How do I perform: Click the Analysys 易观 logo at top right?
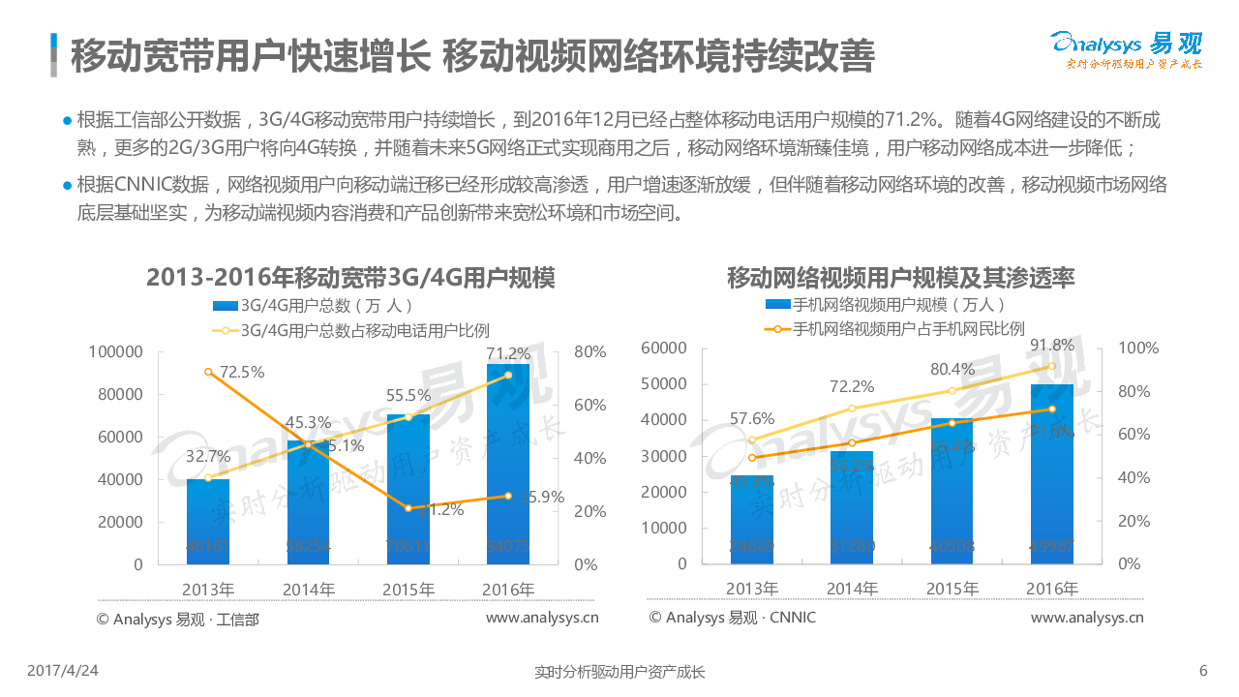(1127, 49)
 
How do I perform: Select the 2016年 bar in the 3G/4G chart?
(507, 465)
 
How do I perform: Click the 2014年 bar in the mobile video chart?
(852, 507)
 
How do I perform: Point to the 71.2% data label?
(508, 353)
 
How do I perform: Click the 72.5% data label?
(242, 372)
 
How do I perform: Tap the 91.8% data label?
(1052, 346)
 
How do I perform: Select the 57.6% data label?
(751, 419)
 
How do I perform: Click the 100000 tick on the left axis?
(115, 352)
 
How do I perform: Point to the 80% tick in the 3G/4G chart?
(589, 352)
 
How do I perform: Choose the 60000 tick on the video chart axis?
(663, 348)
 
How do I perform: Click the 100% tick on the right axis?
(1136, 348)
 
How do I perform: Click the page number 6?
(1203, 670)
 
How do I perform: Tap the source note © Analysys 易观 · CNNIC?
(733, 618)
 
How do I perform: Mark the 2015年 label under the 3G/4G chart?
(408, 590)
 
